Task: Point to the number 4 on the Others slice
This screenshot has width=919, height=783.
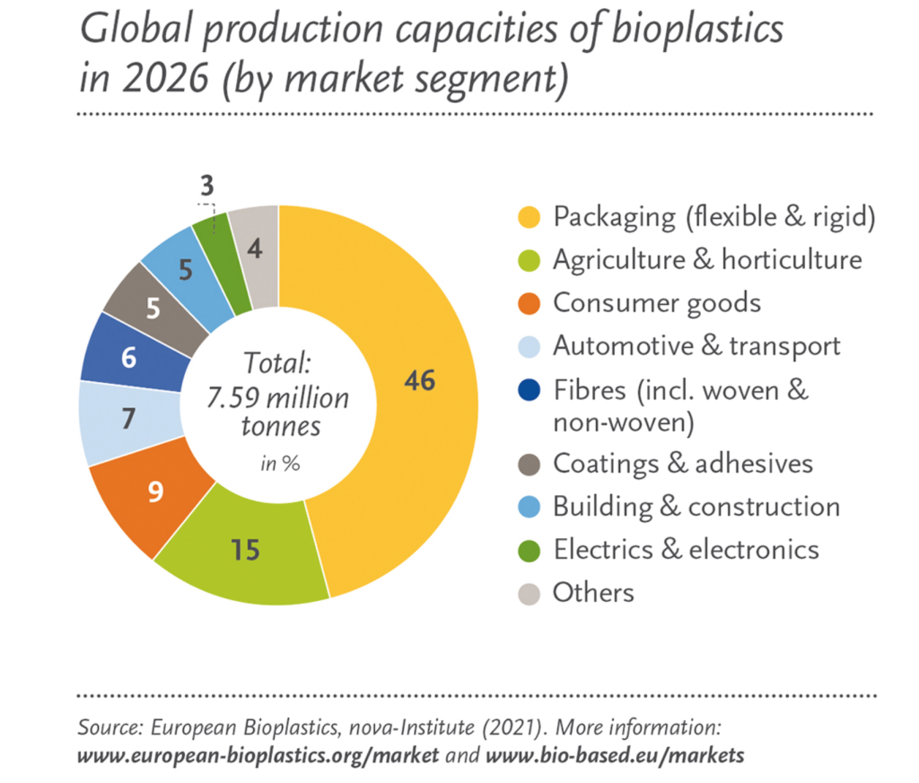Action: [254, 249]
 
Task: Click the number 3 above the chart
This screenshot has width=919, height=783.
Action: [207, 186]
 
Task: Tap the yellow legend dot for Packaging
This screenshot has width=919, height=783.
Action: [529, 217]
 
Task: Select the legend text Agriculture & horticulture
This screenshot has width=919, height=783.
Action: [707, 259]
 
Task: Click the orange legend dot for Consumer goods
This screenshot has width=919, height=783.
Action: [529, 303]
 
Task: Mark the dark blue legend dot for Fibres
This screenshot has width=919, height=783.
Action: [529, 390]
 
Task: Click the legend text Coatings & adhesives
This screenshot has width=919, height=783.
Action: [683, 463]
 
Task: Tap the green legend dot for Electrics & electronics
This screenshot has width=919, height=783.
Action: [529, 551]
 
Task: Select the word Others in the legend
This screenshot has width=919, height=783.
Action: [594, 593]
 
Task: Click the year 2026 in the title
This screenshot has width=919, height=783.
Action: [165, 78]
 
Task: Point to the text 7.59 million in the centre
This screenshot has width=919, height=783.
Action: [278, 397]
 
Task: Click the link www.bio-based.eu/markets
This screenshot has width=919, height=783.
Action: [615, 755]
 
